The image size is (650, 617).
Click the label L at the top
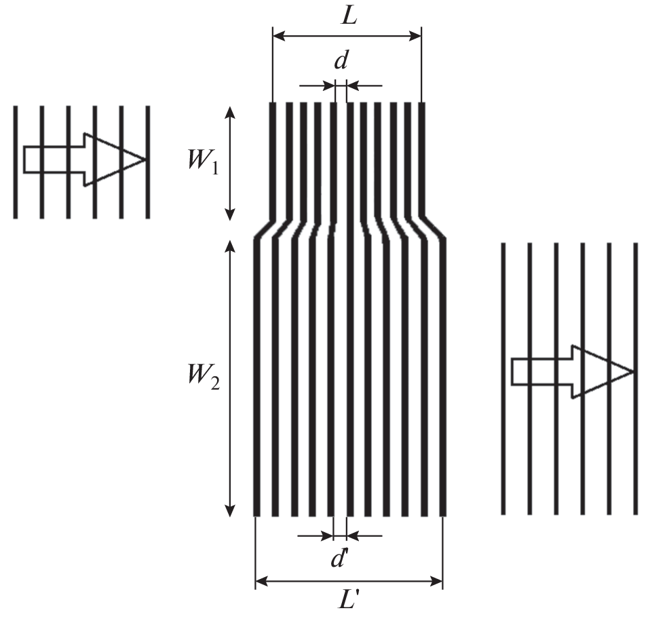pyautogui.click(x=349, y=16)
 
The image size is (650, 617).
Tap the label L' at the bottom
pyautogui.click(x=347, y=599)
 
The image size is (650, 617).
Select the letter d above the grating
pyautogui.click(x=341, y=60)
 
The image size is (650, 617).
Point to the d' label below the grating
pyautogui.click(x=339, y=559)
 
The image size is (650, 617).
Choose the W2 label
pyautogui.click(x=203, y=377)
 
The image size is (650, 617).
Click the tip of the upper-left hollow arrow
pyautogui.click(x=145, y=160)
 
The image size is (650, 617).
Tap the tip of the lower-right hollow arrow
pyautogui.click(x=632, y=372)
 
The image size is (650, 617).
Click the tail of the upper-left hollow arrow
pyautogui.click(x=24, y=160)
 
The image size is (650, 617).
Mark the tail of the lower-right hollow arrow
pyautogui.click(x=512, y=372)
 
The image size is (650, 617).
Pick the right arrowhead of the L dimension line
pyautogui.click(x=415, y=37)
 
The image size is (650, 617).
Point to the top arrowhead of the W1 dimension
pyautogui.click(x=231, y=113)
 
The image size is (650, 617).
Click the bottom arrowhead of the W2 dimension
pyautogui.click(x=231, y=510)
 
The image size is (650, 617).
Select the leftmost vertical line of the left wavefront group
pyautogui.click(x=16, y=162)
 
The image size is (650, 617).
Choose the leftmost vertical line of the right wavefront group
pyautogui.click(x=503, y=379)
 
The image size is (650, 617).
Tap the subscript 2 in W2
pyautogui.click(x=214, y=384)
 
